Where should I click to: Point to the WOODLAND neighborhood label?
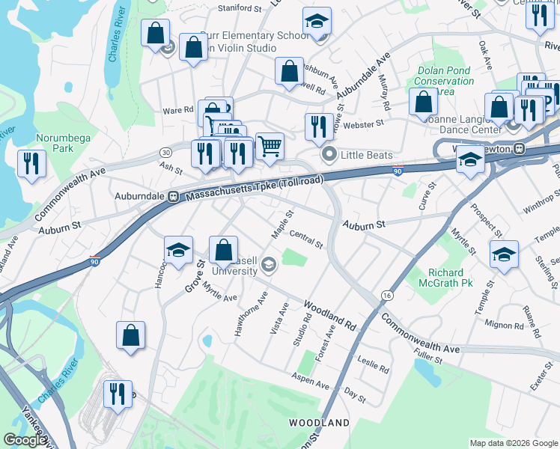[x=320, y=423]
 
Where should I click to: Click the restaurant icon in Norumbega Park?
[x=31, y=164]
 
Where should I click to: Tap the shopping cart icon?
[x=270, y=145]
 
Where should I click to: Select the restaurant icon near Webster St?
[x=319, y=126]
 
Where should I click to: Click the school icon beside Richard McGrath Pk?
[x=505, y=254]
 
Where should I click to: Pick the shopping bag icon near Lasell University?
[x=223, y=250]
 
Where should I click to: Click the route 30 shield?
[x=165, y=152]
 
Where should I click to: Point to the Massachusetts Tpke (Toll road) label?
[x=254, y=191]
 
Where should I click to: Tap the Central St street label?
[x=305, y=241]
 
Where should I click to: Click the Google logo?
[x=24, y=440]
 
